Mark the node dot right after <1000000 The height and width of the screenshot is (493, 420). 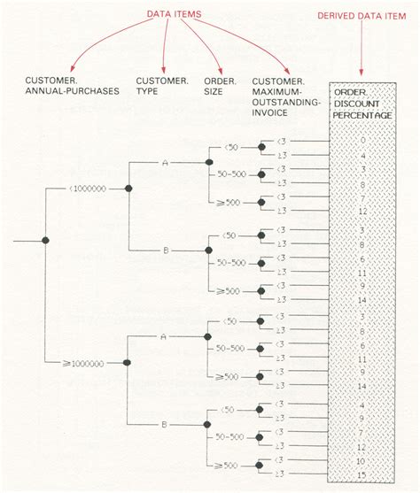[x=128, y=189]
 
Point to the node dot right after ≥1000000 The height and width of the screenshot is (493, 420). [x=128, y=363]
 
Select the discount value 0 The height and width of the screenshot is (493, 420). [x=362, y=142]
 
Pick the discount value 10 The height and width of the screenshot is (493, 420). [x=362, y=461]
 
